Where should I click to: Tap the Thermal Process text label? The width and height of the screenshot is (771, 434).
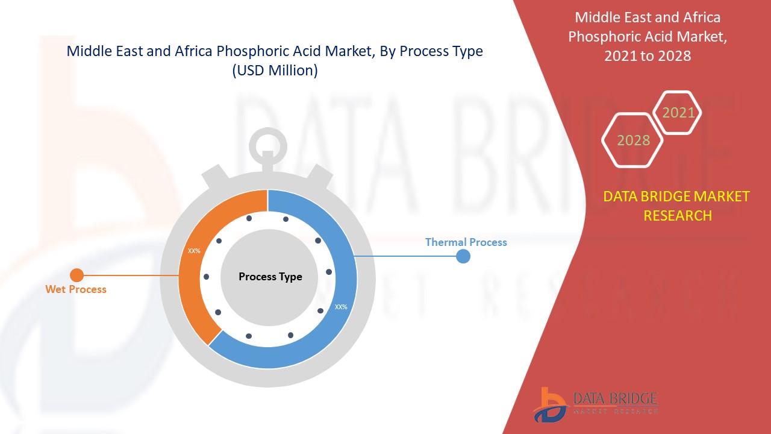466,242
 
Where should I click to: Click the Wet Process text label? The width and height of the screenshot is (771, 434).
76,289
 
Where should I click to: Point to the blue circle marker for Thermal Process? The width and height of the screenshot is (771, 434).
463,256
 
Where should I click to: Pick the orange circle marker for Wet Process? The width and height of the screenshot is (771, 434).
76,275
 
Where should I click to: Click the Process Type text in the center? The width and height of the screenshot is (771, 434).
270,277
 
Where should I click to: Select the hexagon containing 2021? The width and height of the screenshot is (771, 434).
678,113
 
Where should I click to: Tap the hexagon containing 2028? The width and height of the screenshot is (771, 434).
633,140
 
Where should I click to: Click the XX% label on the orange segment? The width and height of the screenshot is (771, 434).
194,251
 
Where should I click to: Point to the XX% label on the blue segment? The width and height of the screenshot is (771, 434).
341,307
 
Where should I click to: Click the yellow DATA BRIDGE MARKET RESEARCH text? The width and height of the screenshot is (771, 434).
676,206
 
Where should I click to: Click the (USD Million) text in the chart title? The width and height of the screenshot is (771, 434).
275,70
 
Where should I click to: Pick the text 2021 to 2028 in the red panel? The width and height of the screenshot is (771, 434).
648,55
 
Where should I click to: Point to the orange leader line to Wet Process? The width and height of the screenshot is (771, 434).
130,275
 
